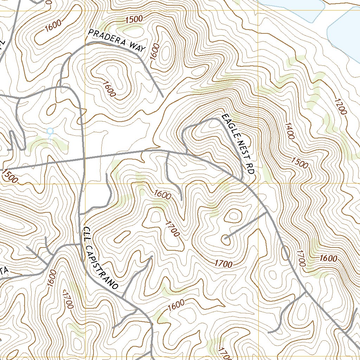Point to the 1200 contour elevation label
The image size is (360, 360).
[x=340, y=107]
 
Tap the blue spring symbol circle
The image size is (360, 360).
[x=50, y=131]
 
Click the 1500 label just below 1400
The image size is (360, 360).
[x=300, y=162]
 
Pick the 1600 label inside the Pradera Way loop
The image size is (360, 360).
[x=109, y=89]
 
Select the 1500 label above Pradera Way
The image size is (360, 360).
[x=134, y=20]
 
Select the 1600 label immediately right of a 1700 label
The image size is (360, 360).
[x=328, y=259]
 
